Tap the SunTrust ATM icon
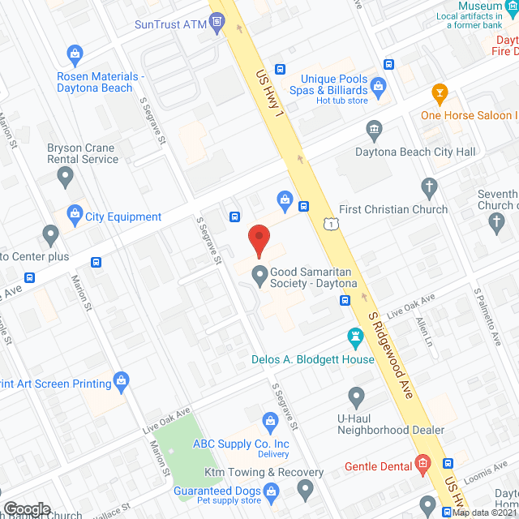coord(217,24)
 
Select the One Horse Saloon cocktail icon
coord(440,92)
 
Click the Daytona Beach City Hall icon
coord(374,128)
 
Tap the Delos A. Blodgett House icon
coord(354,337)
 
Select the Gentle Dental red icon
coord(422,465)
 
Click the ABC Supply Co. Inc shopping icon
coord(271,421)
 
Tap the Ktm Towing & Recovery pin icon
coord(305,488)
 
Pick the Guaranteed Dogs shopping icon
coord(271,491)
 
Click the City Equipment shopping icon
coord(75,216)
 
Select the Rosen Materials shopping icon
coord(75,55)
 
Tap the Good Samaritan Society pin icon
coord(259,276)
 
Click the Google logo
coord(27,509)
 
